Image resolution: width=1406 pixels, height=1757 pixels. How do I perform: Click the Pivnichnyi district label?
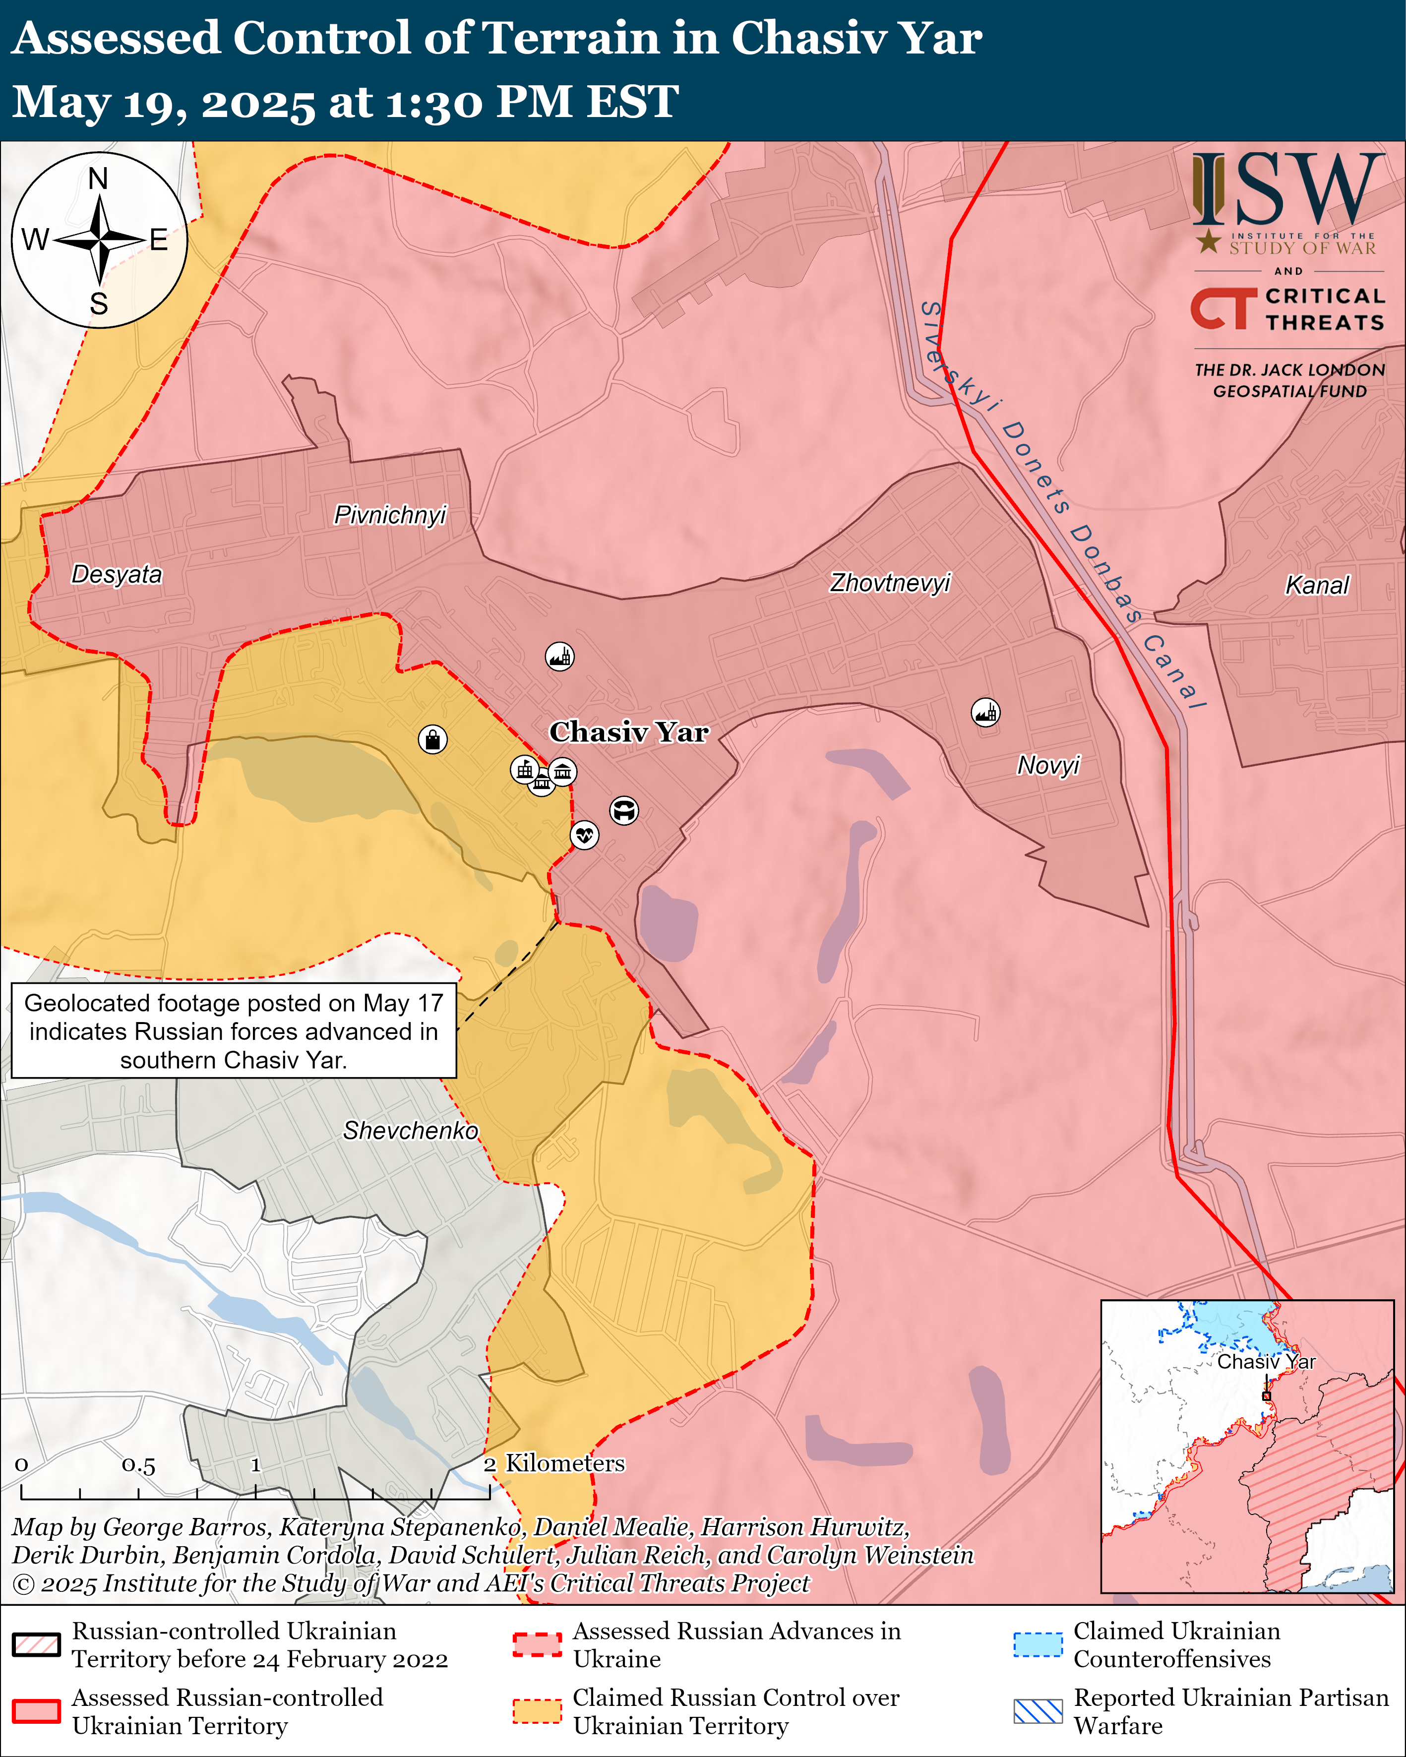pyautogui.click(x=390, y=515)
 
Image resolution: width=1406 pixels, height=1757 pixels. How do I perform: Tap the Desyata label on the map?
pyautogui.click(x=117, y=575)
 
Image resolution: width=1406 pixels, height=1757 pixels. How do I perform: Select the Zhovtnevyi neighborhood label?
pyautogui.click(x=890, y=583)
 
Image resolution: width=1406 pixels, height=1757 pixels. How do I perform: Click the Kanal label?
pyautogui.click(x=1316, y=585)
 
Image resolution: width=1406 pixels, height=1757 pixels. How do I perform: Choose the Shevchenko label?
pyautogui.click(x=410, y=1130)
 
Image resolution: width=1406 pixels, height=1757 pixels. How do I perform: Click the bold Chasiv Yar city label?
pyautogui.click(x=628, y=732)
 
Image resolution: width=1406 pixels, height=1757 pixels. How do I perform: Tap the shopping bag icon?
pyautogui.click(x=433, y=739)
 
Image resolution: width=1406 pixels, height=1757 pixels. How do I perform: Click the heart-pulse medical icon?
pyautogui.click(x=584, y=835)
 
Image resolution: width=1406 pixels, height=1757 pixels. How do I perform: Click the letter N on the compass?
pyautogui.click(x=99, y=179)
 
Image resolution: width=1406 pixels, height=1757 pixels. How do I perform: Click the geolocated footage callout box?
pyautogui.click(x=234, y=1031)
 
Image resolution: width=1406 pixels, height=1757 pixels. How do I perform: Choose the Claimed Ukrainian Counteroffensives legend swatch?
pyautogui.click(x=1038, y=1644)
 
